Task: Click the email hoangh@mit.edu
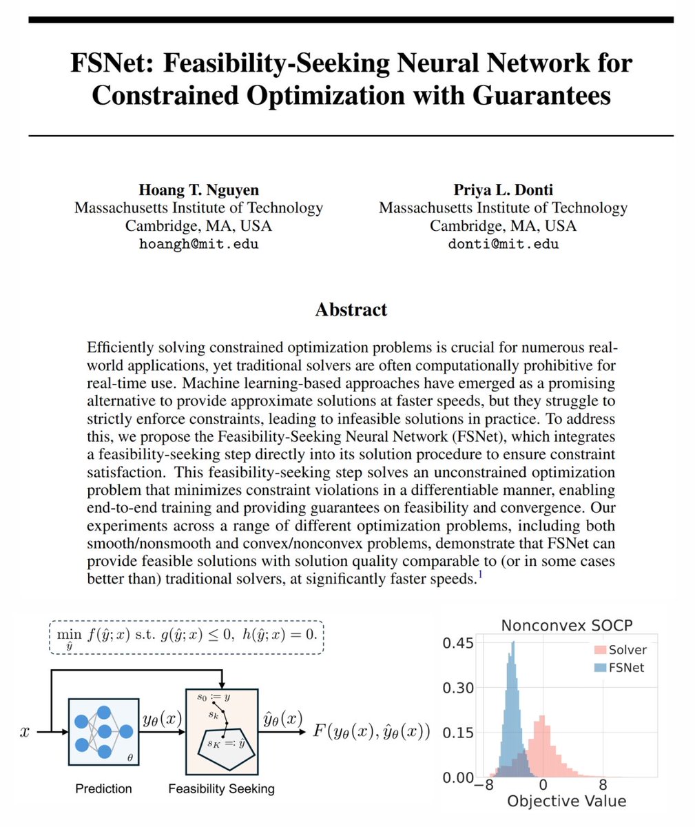pos(198,244)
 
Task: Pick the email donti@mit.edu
pos(503,244)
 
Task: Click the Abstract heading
pos(351,309)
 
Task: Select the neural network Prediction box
pos(103,731)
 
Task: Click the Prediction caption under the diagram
pos(103,788)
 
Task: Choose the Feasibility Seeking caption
pos(221,788)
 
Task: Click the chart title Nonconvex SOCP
pos(566,626)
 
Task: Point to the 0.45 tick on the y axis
pos(457,643)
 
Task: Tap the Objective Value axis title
pos(566,801)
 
